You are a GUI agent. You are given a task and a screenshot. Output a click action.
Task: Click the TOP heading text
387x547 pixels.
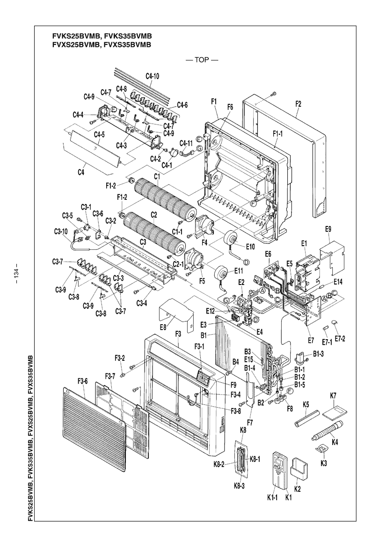tap(202, 60)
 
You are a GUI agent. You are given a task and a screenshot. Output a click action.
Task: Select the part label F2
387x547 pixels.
tap(298, 103)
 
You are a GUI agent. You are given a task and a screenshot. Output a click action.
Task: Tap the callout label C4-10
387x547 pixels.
tap(152, 76)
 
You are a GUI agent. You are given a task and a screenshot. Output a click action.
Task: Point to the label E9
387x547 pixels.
tap(328, 229)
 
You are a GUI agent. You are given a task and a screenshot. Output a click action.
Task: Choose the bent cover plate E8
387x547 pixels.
tap(177, 313)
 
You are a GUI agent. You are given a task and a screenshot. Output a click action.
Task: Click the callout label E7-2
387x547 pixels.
tap(340, 338)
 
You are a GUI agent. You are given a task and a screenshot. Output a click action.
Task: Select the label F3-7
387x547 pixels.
tap(110, 376)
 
